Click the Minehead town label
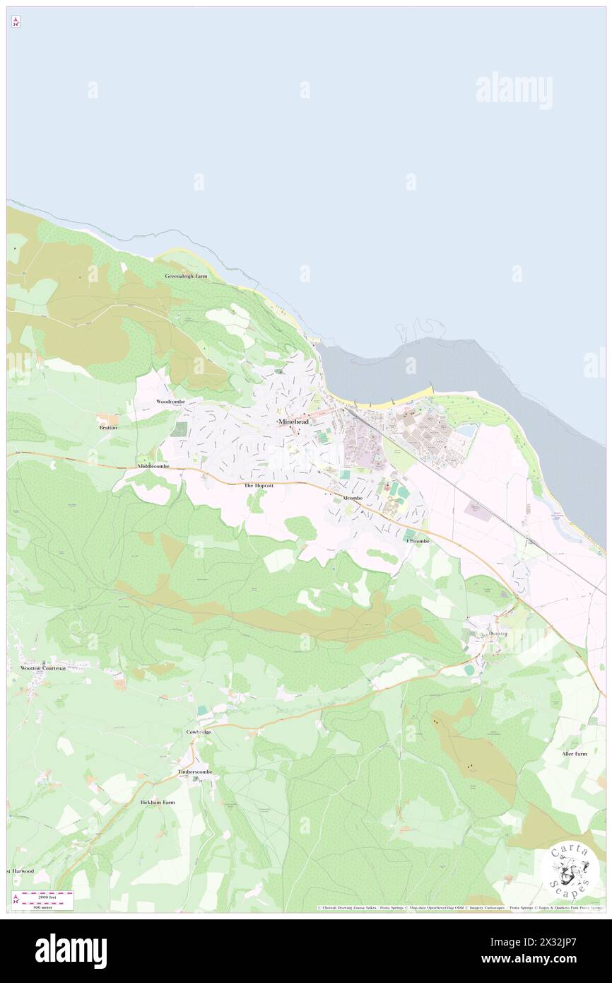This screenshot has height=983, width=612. (x=293, y=421)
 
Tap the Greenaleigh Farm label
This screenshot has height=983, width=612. (x=186, y=276)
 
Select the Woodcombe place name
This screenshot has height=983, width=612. (x=170, y=402)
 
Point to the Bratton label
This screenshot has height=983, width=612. (x=108, y=428)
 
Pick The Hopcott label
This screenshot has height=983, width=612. (x=259, y=486)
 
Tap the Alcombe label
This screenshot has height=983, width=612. (x=352, y=499)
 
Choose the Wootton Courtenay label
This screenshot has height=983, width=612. (x=42, y=668)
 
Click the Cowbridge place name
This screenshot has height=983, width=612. (x=199, y=732)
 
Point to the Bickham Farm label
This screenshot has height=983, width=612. (x=158, y=803)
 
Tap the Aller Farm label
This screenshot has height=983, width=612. (x=575, y=754)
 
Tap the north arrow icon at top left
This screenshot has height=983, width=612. (x=16, y=22)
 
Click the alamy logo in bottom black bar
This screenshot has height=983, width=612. (x=71, y=951)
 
